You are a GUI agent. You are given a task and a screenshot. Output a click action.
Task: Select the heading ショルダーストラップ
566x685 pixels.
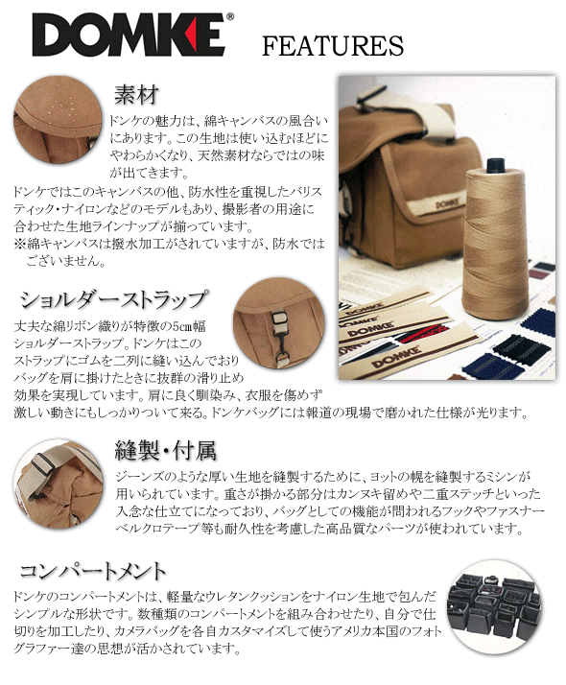coord(117,298)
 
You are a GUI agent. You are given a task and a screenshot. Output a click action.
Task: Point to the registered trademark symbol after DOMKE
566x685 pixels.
coord(228,19)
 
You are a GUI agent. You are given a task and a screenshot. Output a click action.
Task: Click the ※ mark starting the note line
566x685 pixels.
coord(19,244)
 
